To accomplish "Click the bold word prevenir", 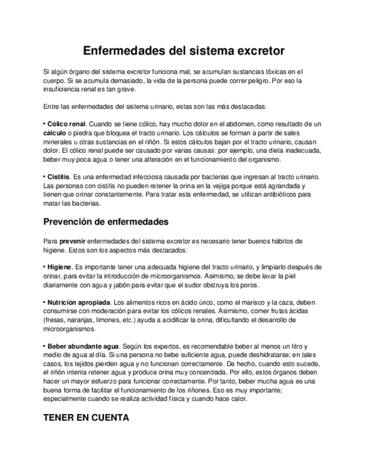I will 72,241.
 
